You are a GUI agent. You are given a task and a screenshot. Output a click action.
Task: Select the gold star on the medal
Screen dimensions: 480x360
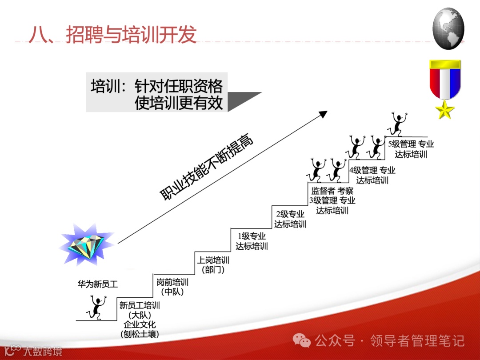tap(445, 110)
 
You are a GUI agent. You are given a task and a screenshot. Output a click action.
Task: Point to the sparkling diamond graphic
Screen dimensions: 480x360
tap(86, 245)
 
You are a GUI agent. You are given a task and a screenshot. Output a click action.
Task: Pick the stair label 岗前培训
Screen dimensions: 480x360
tap(172, 282)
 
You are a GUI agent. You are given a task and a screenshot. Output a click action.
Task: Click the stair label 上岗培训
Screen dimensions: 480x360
tap(213, 260)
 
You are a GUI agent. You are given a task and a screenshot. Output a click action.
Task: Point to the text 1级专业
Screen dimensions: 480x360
tap(252, 236)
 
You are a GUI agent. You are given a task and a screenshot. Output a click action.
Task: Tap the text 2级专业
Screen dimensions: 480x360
tap(290, 214)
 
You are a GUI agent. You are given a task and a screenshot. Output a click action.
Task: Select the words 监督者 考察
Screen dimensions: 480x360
tap(332, 191)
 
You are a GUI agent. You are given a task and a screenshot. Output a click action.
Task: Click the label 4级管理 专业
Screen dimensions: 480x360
tap(372, 170)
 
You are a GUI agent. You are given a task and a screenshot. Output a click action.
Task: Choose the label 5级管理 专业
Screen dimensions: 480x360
tap(411, 144)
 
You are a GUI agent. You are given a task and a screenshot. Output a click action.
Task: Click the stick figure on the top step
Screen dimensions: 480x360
tap(397, 124)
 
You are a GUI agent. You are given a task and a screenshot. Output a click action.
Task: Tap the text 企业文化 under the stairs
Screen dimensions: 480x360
tap(140, 324)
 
